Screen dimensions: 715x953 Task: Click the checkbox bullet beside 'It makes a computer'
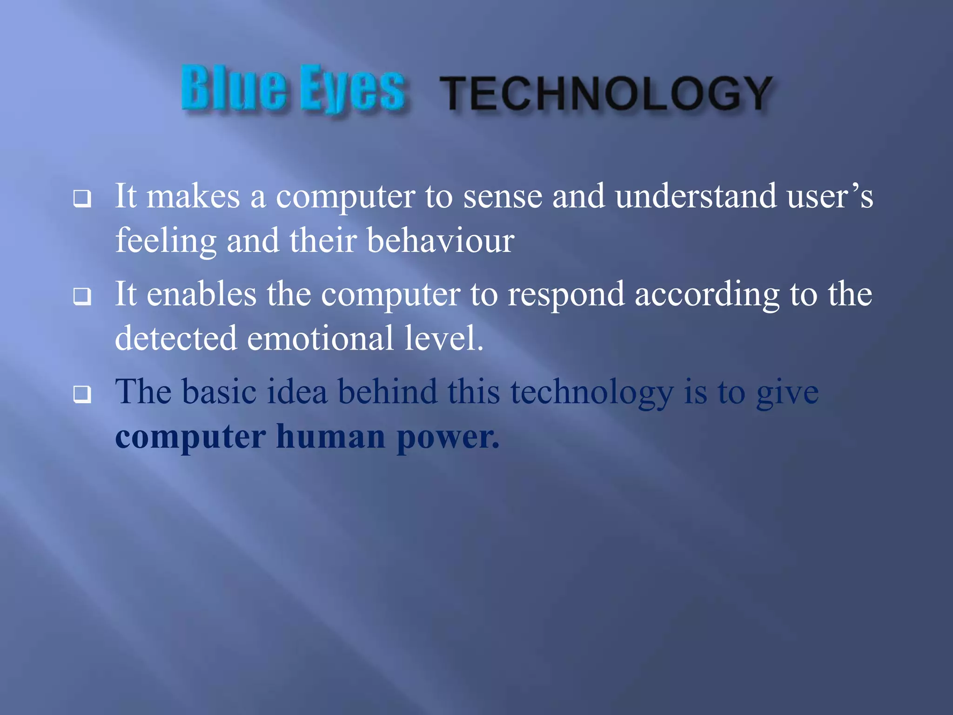(82, 199)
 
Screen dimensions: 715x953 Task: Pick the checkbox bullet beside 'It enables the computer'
(82, 296)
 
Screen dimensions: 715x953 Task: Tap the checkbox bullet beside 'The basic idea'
(82, 394)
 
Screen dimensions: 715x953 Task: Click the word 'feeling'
(166, 241)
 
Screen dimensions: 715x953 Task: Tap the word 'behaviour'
(440, 241)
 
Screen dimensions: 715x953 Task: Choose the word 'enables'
(201, 295)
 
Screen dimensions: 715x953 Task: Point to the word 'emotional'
(320, 339)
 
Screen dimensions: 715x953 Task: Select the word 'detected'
(175, 339)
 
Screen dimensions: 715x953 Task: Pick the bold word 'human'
(330, 438)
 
